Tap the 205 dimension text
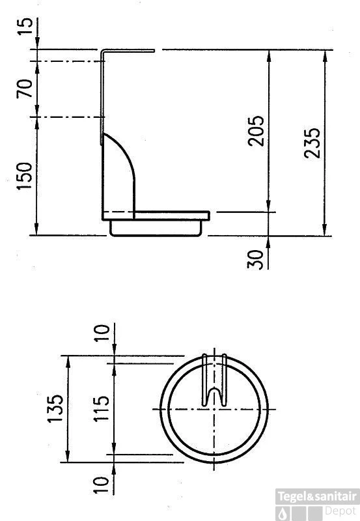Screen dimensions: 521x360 258,131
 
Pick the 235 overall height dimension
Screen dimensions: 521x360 312,141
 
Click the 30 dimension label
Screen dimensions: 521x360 256,259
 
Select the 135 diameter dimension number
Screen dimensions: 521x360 55,408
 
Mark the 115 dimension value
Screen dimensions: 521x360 101,408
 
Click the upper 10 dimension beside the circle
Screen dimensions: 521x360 102,333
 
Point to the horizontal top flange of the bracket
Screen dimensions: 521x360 129,49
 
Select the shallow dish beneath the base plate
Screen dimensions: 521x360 156,229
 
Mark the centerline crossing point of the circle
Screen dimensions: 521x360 214,409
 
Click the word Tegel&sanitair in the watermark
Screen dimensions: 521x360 317,497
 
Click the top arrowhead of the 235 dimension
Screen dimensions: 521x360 324,55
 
